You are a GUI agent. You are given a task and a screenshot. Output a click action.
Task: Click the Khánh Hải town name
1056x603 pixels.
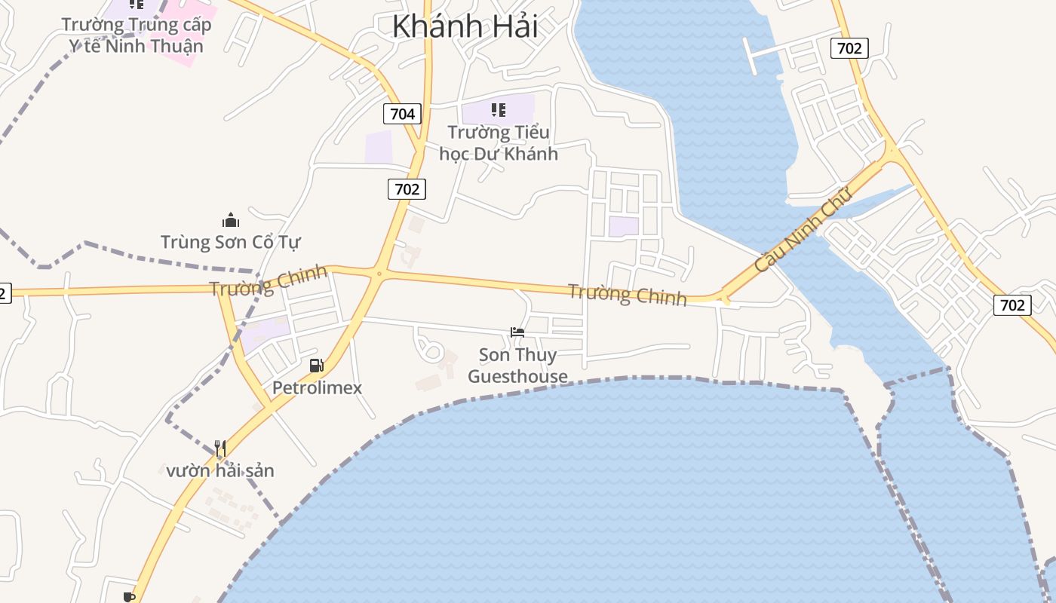click(x=465, y=26)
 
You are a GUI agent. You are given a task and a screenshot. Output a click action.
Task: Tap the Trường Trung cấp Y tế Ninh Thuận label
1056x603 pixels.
click(x=137, y=35)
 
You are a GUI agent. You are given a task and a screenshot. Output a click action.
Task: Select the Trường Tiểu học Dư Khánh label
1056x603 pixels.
click(x=499, y=143)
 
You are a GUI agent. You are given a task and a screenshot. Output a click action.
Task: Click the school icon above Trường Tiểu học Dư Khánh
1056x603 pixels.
click(x=498, y=110)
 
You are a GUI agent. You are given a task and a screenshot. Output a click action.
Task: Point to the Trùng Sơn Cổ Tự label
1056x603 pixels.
click(x=230, y=242)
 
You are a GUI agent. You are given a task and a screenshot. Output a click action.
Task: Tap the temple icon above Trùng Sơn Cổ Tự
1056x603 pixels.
click(x=230, y=220)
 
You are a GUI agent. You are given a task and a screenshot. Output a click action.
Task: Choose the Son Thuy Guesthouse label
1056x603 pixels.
click(x=517, y=366)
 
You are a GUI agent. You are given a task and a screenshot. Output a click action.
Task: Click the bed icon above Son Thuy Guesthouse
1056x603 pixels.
click(x=517, y=332)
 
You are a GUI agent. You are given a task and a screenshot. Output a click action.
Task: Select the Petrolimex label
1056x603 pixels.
click(x=317, y=388)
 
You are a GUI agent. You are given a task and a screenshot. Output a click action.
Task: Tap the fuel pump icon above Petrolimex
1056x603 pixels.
click(x=317, y=366)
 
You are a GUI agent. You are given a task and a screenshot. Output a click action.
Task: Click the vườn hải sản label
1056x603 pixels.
click(x=220, y=471)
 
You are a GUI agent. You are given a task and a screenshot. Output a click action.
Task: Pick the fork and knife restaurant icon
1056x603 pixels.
click(x=220, y=448)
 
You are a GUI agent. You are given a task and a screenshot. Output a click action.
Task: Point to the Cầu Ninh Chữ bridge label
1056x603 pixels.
click(x=803, y=229)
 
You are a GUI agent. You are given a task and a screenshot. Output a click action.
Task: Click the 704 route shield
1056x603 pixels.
click(x=403, y=114)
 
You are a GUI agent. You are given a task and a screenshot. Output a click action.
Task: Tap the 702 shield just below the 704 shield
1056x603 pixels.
click(x=407, y=188)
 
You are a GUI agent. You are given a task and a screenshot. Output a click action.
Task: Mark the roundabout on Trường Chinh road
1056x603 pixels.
click(x=379, y=274)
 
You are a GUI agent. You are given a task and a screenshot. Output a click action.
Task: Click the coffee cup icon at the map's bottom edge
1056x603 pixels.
click(x=129, y=597)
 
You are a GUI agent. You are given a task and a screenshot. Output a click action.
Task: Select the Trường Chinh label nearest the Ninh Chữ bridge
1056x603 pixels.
click(x=627, y=295)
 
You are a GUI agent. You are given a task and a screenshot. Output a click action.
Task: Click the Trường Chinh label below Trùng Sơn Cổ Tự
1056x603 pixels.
click(x=269, y=281)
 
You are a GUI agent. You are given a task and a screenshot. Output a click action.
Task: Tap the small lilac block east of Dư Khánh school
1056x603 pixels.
click(x=624, y=226)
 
